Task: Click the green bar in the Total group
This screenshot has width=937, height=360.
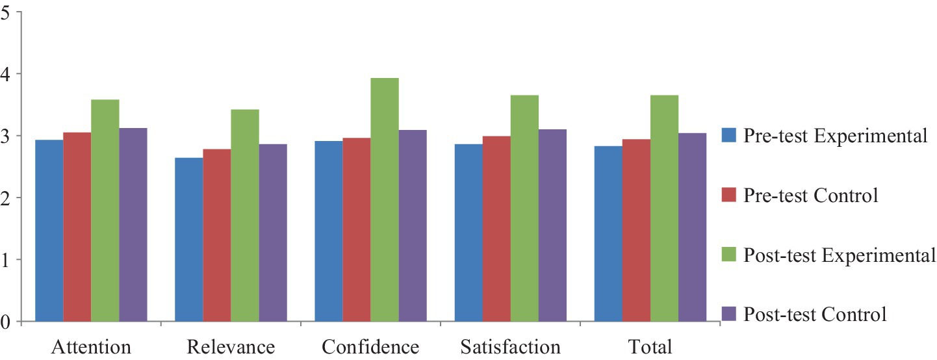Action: [x=664, y=208]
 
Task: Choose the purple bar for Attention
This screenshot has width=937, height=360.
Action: [x=133, y=224]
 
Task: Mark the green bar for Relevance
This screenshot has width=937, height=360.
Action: [x=245, y=215]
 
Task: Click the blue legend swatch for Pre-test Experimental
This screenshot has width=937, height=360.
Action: [x=728, y=136]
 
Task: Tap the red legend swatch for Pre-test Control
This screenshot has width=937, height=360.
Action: [x=728, y=196]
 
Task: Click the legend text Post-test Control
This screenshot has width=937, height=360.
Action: [x=815, y=315]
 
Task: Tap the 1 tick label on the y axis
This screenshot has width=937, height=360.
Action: [x=7, y=260]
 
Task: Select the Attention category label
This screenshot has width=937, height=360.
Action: [x=91, y=347]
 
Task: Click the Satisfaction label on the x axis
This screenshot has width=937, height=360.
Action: [x=510, y=347]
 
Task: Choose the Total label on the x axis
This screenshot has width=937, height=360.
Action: [x=650, y=347]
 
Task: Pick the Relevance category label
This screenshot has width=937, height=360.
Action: [x=231, y=347]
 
